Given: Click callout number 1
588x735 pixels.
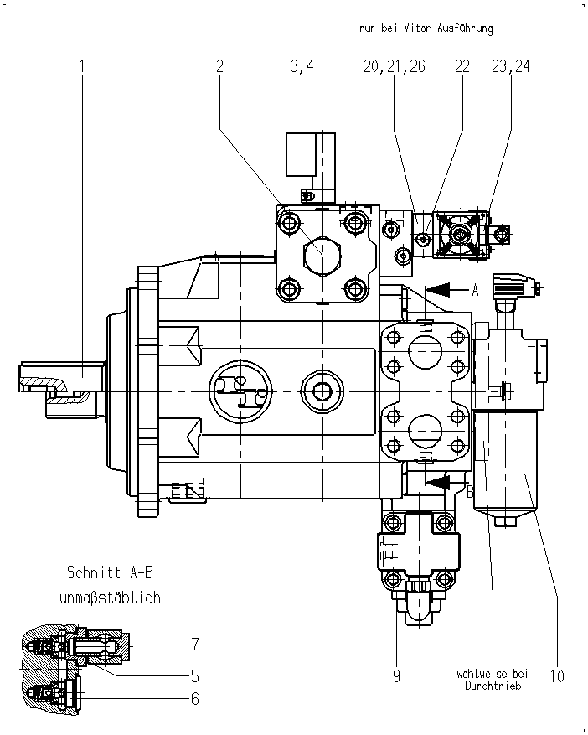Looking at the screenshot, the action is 82,66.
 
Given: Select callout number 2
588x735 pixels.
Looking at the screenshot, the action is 219,66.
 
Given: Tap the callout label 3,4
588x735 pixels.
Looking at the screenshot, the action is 302,66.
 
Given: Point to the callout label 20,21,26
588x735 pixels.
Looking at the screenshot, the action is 394,66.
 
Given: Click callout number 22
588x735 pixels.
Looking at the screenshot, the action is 462,66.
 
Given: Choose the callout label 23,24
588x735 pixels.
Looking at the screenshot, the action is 511,66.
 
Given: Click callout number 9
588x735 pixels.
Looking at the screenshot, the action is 396,676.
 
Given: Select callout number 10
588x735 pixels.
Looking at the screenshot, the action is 557,676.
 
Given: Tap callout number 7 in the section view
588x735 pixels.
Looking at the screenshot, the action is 195,644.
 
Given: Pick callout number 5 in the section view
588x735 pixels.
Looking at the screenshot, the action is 195,676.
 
